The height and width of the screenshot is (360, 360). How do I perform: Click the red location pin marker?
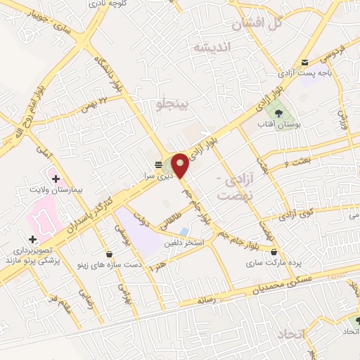point(180,165)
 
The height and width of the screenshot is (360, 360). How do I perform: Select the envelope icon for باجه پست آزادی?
point(304,63)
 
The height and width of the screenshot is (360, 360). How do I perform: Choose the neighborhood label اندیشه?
point(212,47)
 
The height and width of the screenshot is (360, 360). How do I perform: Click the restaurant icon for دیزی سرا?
point(158,165)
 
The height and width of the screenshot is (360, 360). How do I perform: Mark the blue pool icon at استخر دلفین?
point(184,231)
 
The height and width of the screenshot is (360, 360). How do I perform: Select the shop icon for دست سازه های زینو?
point(109,254)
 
